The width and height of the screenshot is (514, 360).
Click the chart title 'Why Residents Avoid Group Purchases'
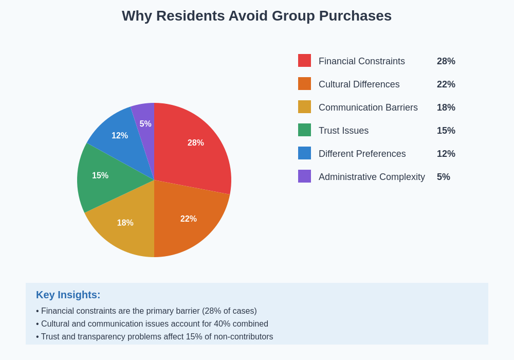click(256, 16)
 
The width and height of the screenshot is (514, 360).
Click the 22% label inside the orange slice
click(188, 219)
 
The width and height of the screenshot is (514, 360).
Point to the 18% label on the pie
click(125, 223)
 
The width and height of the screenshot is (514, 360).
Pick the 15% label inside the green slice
click(100, 176)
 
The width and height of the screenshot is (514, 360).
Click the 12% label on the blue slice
click(120, 136)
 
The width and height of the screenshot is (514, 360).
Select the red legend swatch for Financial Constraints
click(304, 61)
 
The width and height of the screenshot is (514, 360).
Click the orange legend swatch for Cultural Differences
click(304, 84)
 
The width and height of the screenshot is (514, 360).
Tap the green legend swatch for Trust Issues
click(304, 130)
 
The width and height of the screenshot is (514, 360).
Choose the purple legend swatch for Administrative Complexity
click(304, 176)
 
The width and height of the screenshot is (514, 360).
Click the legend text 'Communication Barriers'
click(368, 107)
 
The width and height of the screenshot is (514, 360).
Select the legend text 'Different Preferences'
click(362, 154)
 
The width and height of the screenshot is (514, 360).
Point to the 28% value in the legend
click(446, 61)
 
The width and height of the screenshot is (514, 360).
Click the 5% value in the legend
click(443, 177)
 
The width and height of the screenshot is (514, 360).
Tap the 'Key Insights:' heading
click(68, 295)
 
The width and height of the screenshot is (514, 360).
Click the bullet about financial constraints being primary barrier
click(146, 311)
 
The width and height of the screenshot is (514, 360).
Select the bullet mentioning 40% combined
click(152, 324)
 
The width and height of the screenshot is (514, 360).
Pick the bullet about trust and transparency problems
click(155, 337)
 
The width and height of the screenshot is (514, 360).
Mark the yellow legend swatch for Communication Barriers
click(304, 107)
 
